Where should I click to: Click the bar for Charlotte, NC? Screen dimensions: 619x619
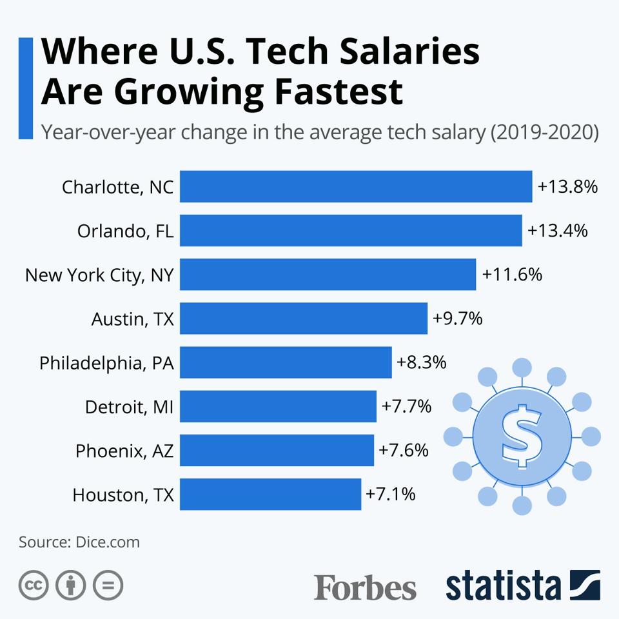click(x=356, y=187)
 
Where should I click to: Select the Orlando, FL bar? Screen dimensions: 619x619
click(x=351, y=231)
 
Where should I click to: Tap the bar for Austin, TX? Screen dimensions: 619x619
click(x=304, y=319)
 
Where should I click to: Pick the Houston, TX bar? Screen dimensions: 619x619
click(x=270, y=495)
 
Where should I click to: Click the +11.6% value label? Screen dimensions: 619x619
click(x=512, y=275)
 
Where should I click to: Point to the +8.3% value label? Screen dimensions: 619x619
click(x=422, y=362)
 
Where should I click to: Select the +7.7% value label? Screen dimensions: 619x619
click(x=406, y=406)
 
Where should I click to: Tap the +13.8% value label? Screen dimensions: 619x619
click(x=568, y=187)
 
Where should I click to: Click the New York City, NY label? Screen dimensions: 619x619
click(x=99, y=275)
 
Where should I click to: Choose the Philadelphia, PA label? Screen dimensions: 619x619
click(x=106, y=363)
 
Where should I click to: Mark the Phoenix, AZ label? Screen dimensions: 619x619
click(x=124, y=451)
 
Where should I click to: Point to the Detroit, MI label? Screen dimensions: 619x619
click(x=129, y=407)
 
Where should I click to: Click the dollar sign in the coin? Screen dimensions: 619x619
click(x=522, y=436)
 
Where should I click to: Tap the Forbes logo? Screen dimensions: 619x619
click(x=365, y=586)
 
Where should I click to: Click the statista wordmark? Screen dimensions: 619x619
click(x=503, y=585)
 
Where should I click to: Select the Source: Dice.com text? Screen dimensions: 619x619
click(x=79, y=542)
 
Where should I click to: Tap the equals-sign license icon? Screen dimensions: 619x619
click(x=108, y=585)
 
